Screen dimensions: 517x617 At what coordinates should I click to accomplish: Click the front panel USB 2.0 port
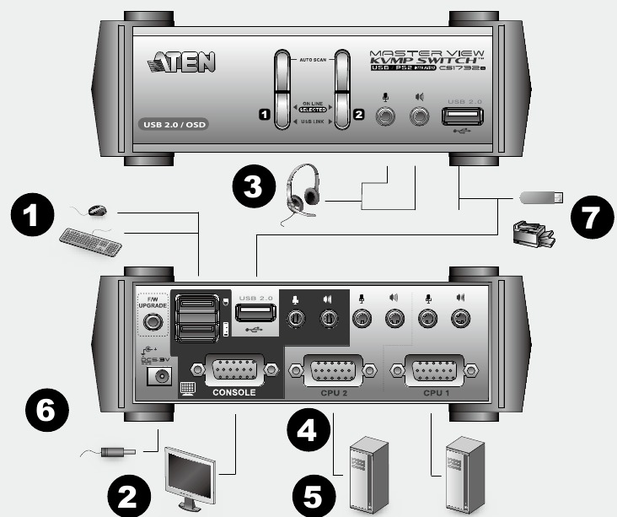tap(462, 116)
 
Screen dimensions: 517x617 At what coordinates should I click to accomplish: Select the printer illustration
tap(534, 234)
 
